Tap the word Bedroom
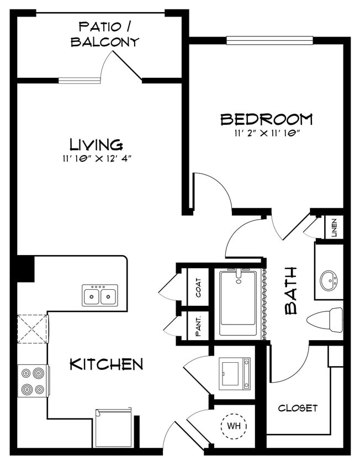267,119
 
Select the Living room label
96,145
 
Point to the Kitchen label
107,364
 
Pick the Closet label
298,408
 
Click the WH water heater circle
234,426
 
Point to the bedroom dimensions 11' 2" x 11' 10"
267,133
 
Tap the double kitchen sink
100,295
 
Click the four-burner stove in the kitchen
33,381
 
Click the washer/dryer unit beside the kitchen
235,374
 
